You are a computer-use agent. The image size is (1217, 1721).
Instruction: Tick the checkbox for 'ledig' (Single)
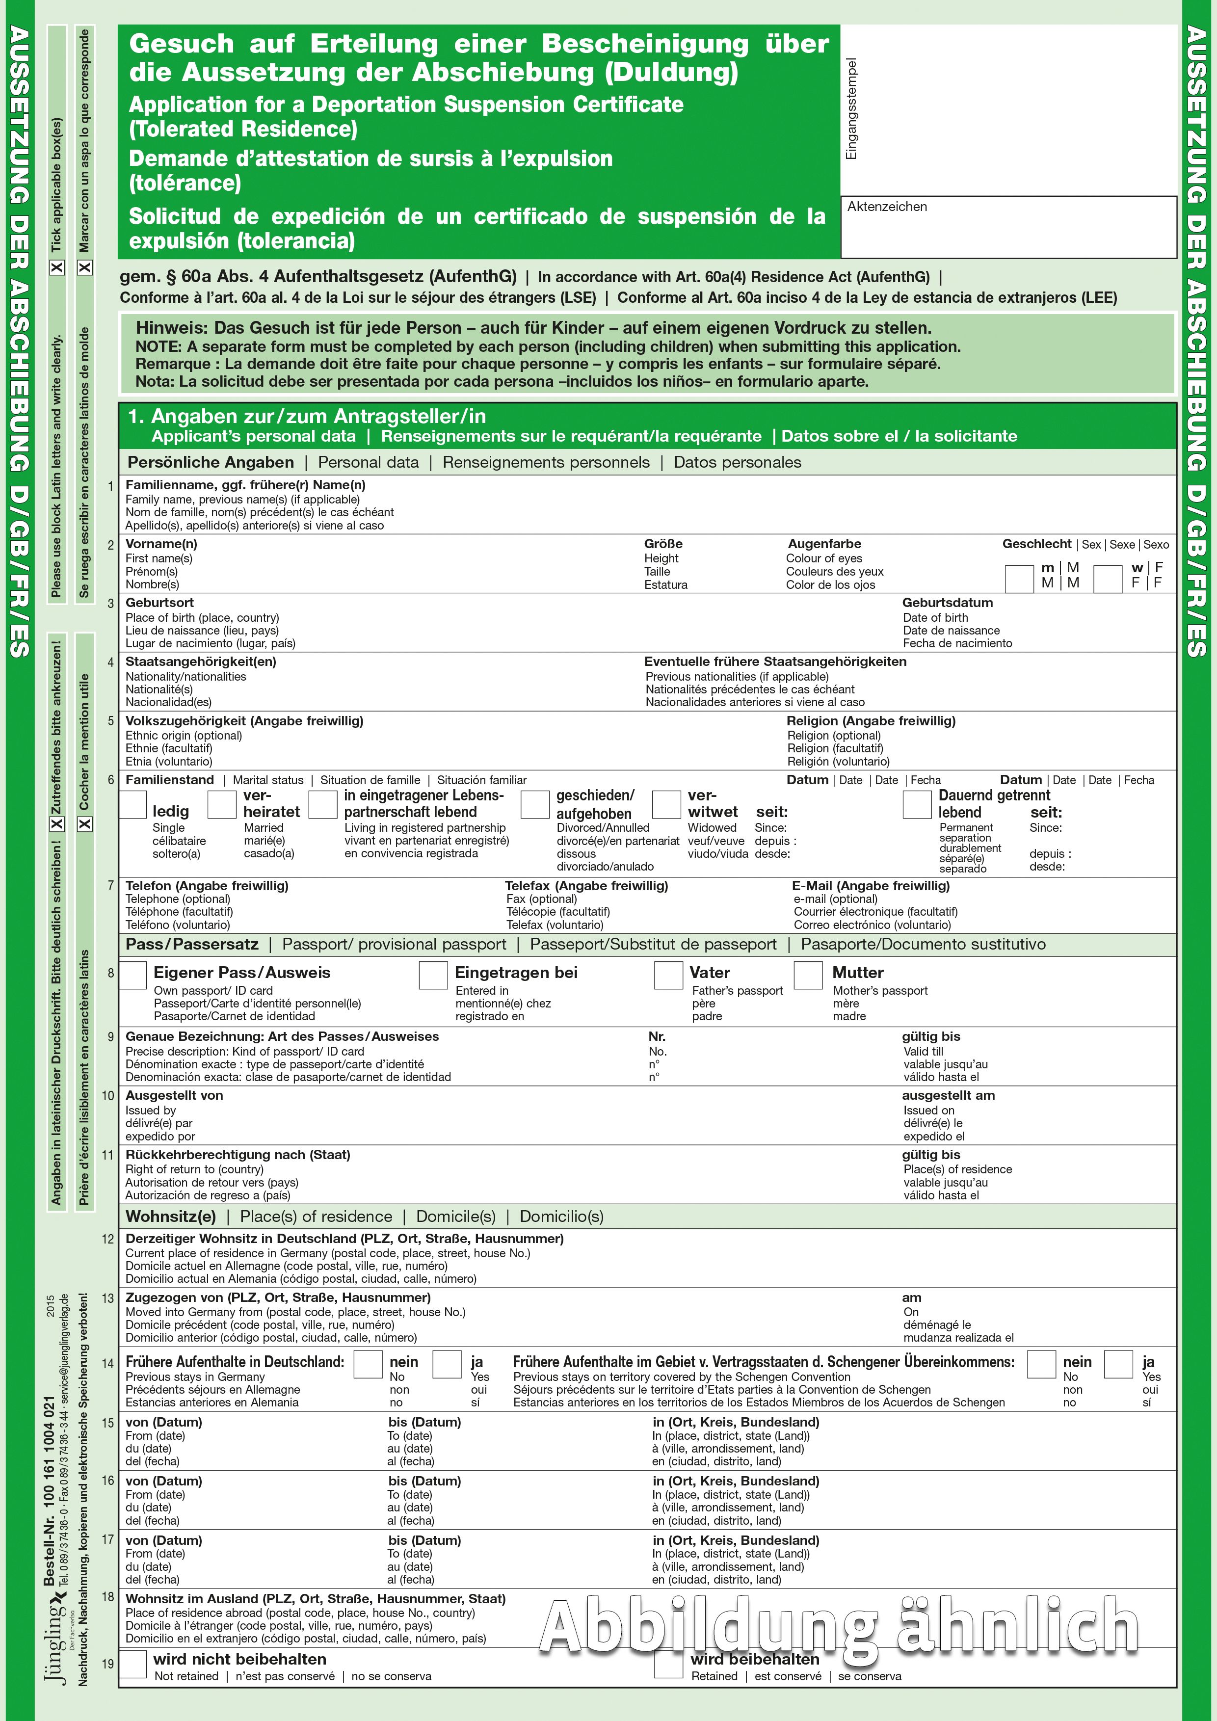point(132,804)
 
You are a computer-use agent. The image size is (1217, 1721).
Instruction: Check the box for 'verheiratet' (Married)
point(222,804)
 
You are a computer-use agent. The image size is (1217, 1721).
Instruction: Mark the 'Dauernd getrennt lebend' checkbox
point(917,804)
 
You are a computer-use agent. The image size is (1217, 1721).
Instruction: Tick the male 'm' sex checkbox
point(1018,578)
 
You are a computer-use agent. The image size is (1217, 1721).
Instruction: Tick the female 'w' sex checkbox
point(1108,578)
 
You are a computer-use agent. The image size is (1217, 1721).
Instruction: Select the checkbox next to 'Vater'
point(668,975)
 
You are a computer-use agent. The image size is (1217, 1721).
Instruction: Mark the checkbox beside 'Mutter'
point(808,975)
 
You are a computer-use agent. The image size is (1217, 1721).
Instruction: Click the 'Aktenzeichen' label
point(887,207)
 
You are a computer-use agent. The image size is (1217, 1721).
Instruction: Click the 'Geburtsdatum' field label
point(947,603)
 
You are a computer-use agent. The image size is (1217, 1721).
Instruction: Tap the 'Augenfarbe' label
point(824,543)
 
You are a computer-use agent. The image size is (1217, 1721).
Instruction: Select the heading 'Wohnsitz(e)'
point(171,1216)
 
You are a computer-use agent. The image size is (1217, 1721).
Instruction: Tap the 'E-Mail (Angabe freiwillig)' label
point(871,885)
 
